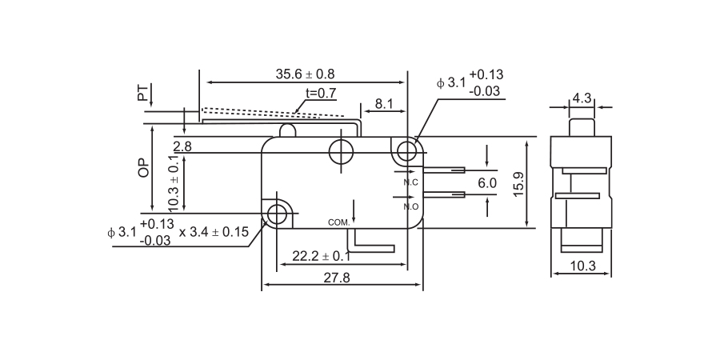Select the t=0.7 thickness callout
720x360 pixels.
[320, 93]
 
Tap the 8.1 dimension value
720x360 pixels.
[384, 103]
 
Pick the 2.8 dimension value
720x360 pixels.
[182, 146]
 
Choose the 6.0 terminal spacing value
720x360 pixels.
[487, 183]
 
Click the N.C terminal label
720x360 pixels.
[411, 183]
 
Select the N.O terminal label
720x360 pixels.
[411, 206]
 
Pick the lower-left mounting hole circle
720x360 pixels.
[278, 214]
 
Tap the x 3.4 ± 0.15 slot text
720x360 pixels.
[214, 232]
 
